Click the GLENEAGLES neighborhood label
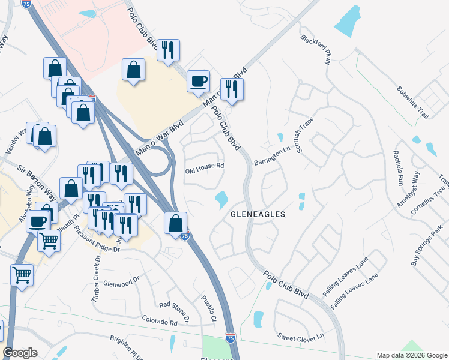[x=258, y=214]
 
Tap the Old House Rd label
[x=204, y=166]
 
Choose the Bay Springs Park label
[x=427, y=245]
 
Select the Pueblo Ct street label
[x=209, y=308]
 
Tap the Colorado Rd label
[x=160, y=323]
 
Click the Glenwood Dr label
[x=121, y=281]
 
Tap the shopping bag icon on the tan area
[x=133, y=69]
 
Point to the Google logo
[x=20, y=353]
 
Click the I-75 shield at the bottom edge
[x=230, y=338]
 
